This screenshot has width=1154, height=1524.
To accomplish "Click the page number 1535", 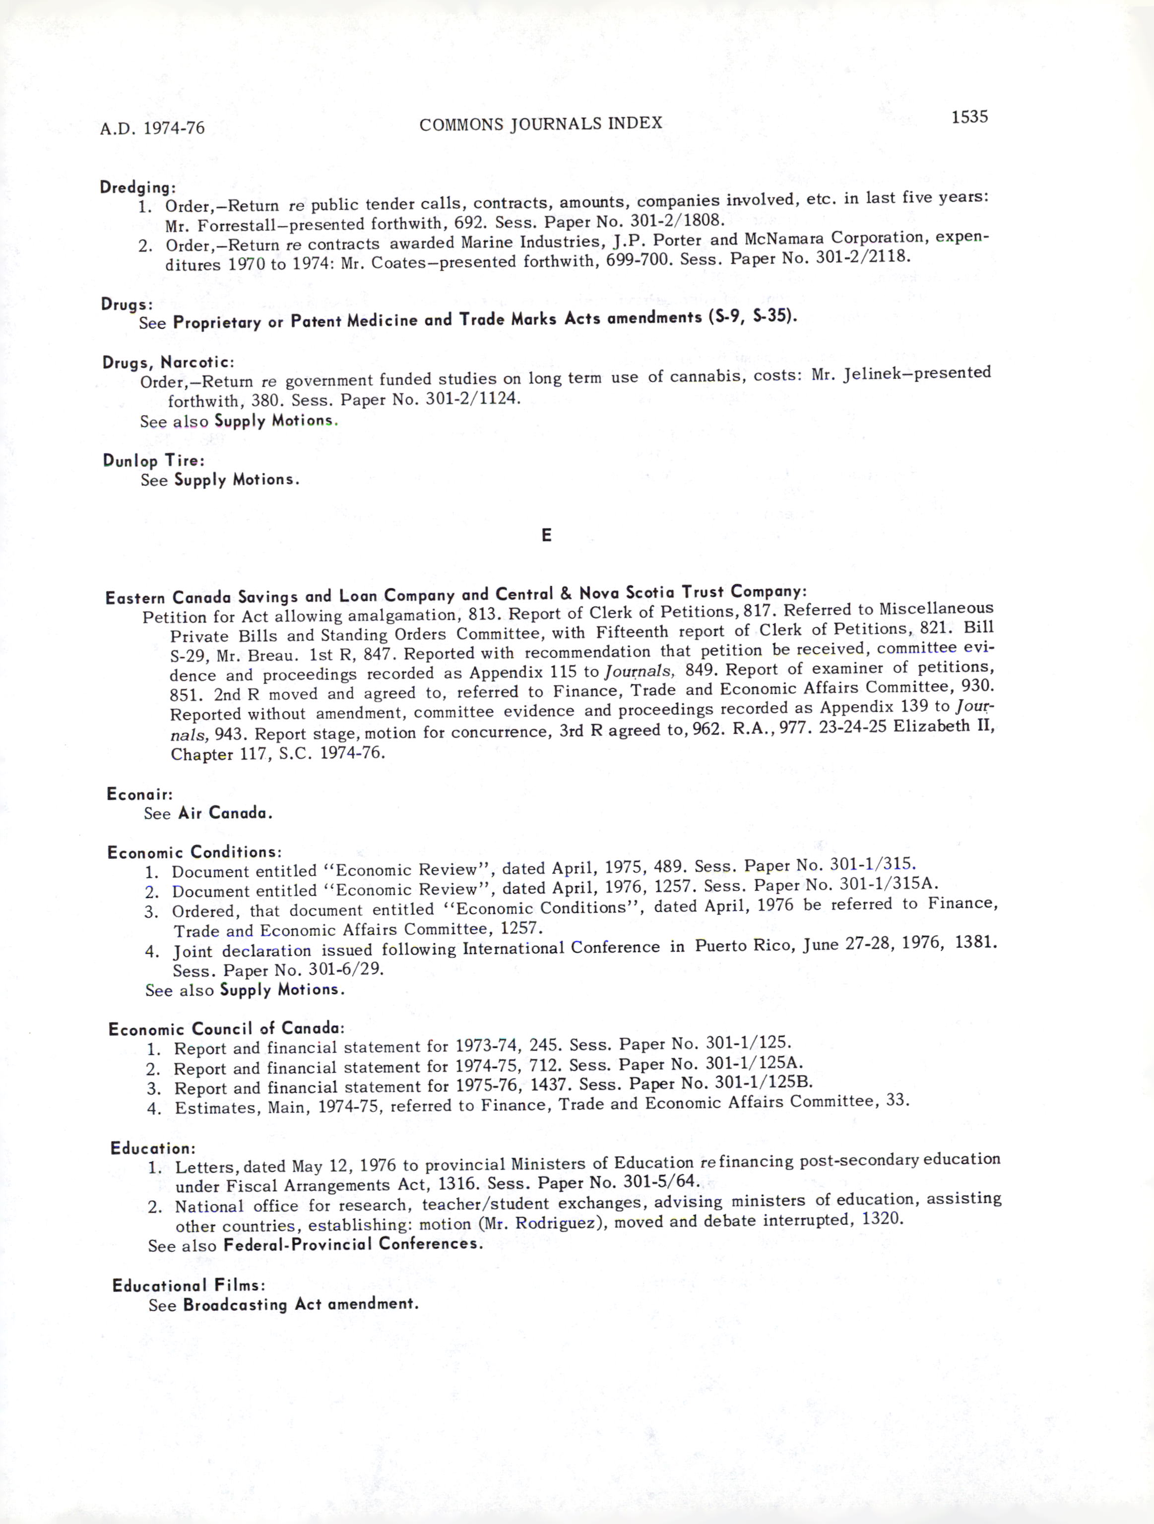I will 969,117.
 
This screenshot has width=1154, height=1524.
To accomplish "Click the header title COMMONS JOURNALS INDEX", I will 540,123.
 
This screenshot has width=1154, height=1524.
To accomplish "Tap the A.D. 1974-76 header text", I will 152,128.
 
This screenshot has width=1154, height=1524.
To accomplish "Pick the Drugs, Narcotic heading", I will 168,362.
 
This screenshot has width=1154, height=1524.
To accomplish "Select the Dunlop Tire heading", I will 153,460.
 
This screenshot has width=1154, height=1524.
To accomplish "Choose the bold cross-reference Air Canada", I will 225,813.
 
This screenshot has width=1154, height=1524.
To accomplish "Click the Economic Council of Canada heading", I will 226,1029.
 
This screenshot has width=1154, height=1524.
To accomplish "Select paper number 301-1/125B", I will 764,1082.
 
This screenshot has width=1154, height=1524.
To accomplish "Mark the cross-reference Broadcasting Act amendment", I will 301,1304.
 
